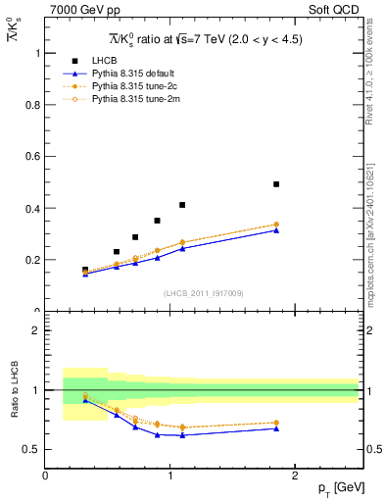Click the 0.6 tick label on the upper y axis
point(34,157)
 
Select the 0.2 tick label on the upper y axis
point(34,260)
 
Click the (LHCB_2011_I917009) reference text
point(203,293)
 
